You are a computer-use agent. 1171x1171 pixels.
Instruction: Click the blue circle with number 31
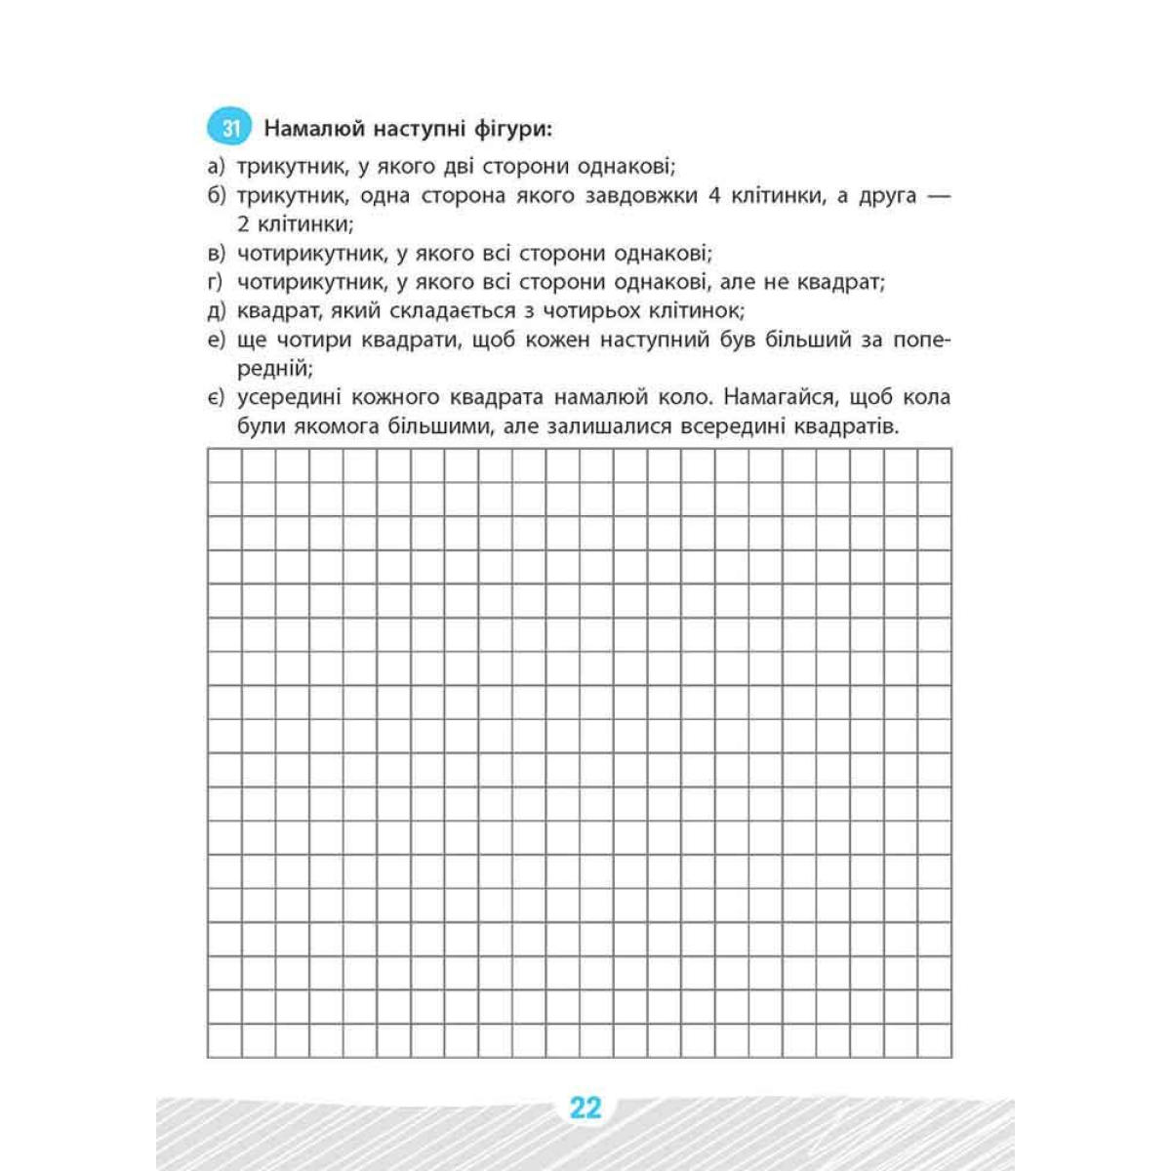pos(230,128)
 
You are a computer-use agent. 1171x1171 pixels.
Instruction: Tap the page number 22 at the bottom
pos(585,1109)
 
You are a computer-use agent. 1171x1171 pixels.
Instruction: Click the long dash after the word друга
pos(936,195)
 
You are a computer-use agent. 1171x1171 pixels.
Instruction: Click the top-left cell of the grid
pos(224,465)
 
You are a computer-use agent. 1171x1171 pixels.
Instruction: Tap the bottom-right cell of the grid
pos(934,1040)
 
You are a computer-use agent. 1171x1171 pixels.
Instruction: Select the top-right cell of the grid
pos(934,465)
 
